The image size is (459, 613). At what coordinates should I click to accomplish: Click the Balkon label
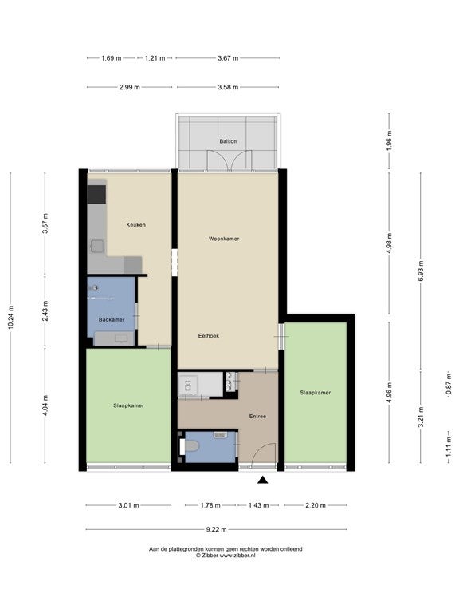[x=228, y=141]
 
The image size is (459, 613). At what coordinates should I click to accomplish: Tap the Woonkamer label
[x=224, y=239]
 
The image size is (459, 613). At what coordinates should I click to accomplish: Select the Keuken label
[x=135, y=225]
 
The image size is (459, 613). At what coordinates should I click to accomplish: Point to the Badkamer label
[x=112, y=319]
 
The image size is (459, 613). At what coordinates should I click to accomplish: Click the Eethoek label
[x=209, y=335]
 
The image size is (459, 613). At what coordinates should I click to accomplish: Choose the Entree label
[x=257, y=417]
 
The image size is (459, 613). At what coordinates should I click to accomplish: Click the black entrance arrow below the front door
[x=263, y=480]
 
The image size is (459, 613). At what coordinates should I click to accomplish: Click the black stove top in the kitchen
[x=96, y=195]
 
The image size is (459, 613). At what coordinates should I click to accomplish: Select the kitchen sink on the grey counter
[x=97, y=247]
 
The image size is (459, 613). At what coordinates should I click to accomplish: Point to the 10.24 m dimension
[x=10, y=318]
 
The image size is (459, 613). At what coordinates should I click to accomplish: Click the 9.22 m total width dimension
[x=216, y=530]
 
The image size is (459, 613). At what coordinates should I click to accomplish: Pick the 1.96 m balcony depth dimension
[x=389, y=141]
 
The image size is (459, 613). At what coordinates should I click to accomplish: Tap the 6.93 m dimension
[x=421, y=271]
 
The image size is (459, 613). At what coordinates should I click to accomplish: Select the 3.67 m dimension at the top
[x=228, y=58]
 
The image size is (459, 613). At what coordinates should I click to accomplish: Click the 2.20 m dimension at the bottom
[x=316, y=505]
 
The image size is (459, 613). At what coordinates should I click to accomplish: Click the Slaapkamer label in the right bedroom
[x=316, y=393]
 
